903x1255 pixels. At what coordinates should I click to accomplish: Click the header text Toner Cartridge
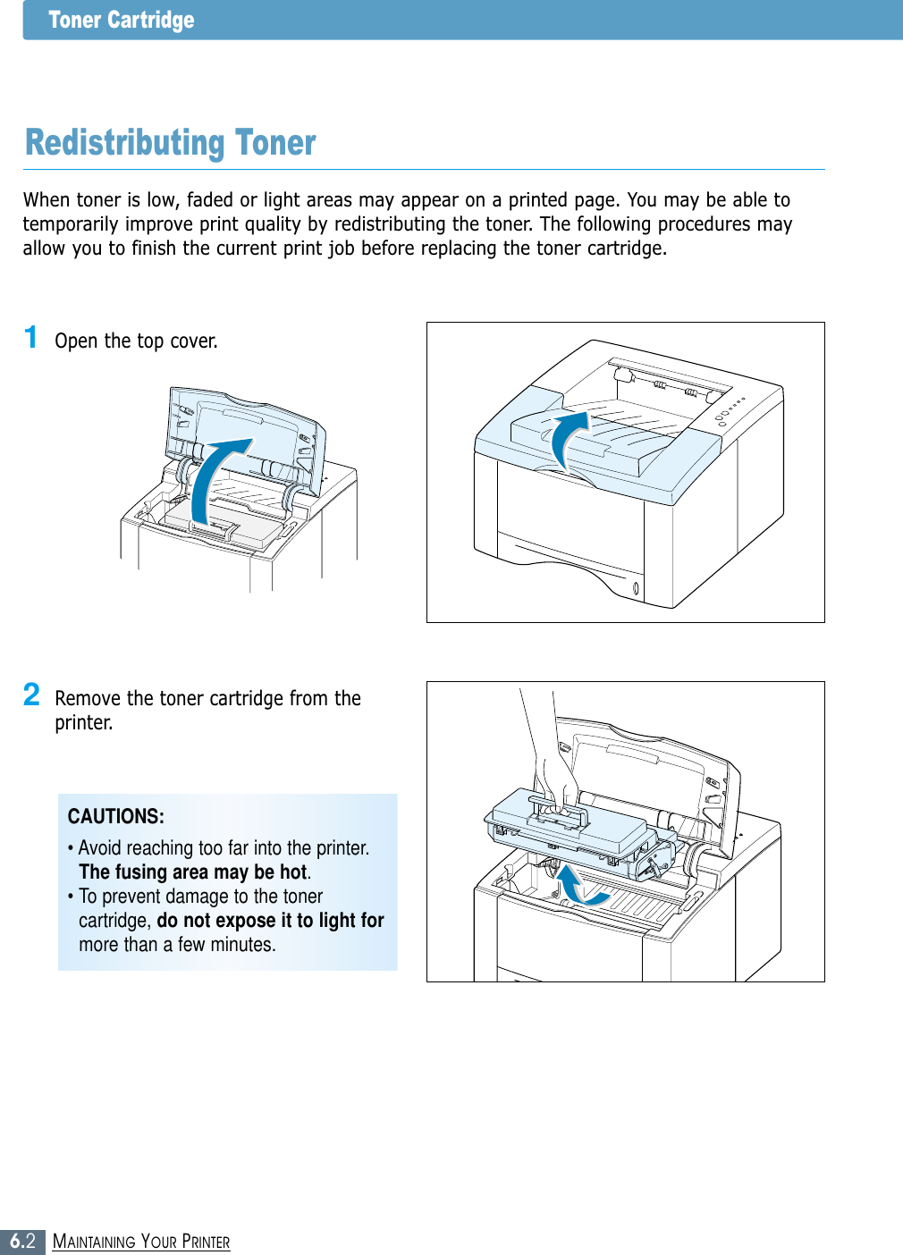click(x=121, y=20)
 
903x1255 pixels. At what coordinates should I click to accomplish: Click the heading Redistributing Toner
click(x=170, y=143)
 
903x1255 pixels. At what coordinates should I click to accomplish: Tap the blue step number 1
click(x=31, y=338)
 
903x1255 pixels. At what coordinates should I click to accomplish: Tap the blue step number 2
click(x=31, y=695)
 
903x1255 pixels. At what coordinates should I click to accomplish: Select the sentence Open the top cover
click(x=136, y=341)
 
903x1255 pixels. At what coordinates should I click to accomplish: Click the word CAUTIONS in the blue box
click(x=115, y=816)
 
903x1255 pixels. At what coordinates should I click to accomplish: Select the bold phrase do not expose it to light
click(x=259, y=921)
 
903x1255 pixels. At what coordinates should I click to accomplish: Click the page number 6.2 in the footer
click(x=22, y=1241)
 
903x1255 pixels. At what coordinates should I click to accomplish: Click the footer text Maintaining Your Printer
click(x=141, y=1242)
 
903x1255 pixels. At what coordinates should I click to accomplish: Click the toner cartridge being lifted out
click(x=572, y=827)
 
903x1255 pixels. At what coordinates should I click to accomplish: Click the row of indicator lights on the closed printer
click(x=730, y=410)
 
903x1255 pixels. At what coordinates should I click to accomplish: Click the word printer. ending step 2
click(x=83, y=722)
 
